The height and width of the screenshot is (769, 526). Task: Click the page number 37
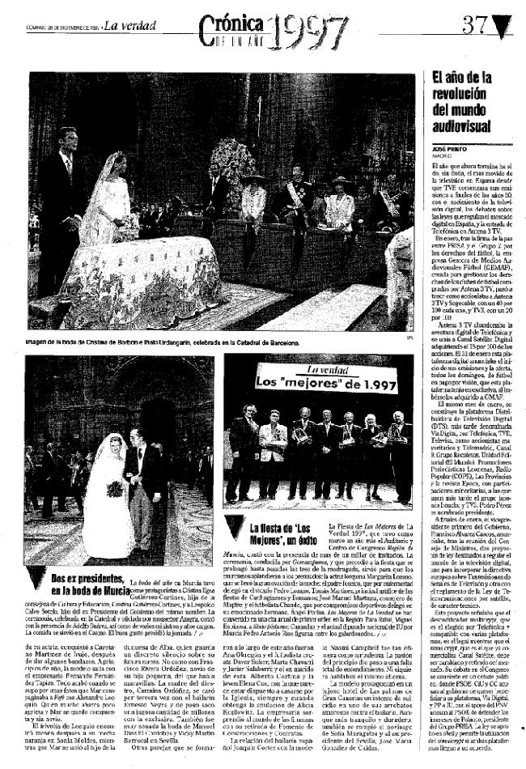pyautogui.click(x=477, y=25)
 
